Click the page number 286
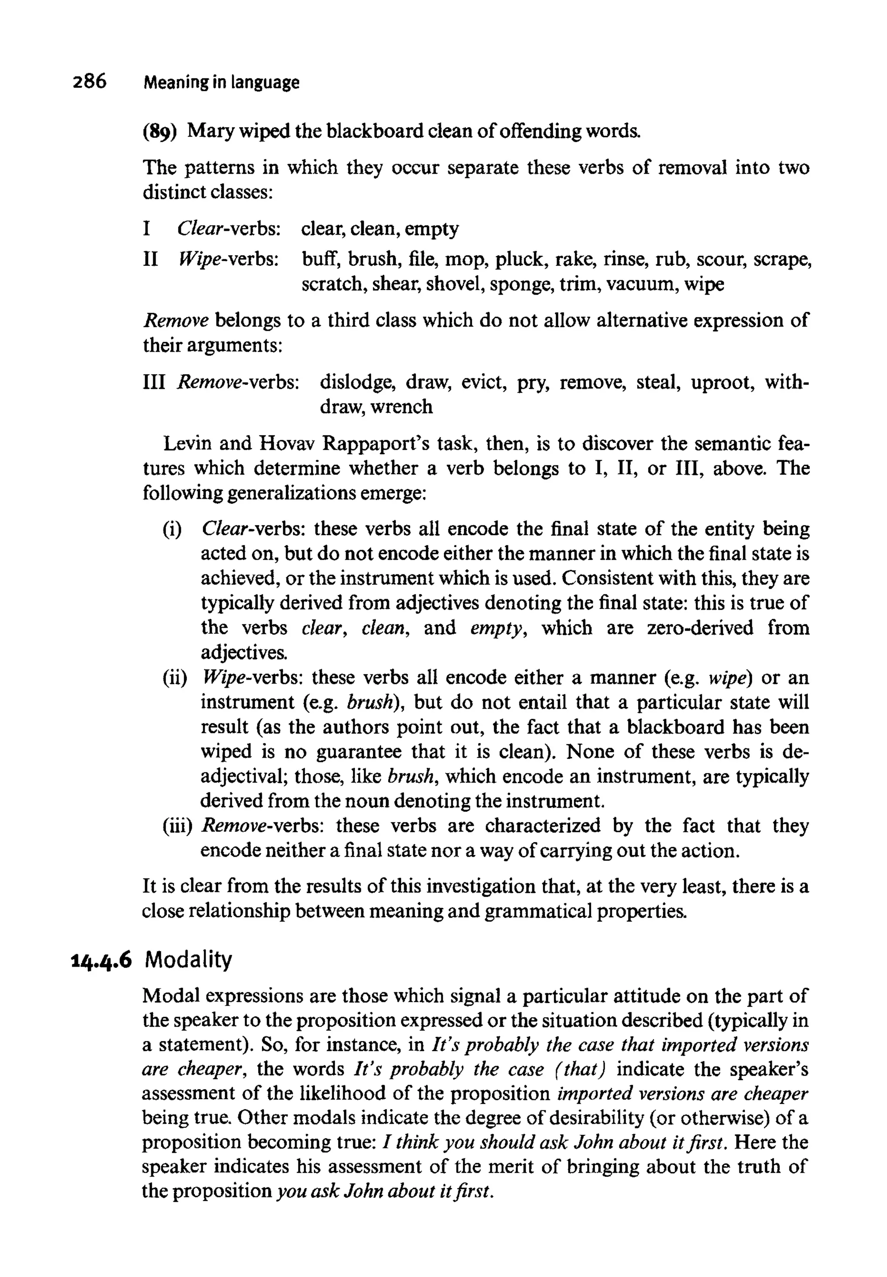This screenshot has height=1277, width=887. pos(89,82)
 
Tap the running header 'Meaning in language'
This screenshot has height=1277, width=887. pos(221,83)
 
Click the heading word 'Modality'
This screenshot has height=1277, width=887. pos(188,959)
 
